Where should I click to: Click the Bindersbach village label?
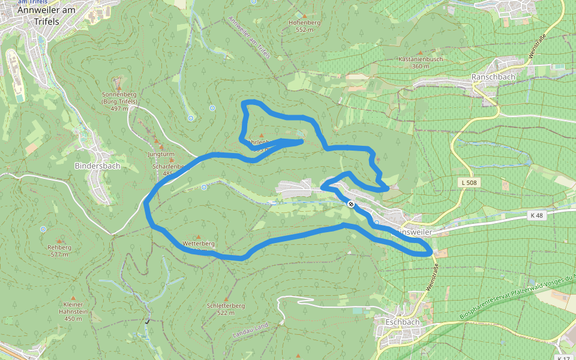tap(97, 166)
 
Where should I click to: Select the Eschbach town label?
tap(403, 322)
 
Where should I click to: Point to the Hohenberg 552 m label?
tap(305, 26)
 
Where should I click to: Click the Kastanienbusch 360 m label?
tap(421, 62)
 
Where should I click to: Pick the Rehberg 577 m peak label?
tap(59, 250)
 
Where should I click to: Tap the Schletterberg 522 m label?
tap(226, 309)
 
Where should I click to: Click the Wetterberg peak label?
tap(198, 244)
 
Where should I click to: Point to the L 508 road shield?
tap(469, 182)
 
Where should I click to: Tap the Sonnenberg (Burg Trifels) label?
tap(119, 98)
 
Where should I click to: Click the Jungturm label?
tap(161, 154)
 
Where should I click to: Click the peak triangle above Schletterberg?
tap(226, 298)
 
